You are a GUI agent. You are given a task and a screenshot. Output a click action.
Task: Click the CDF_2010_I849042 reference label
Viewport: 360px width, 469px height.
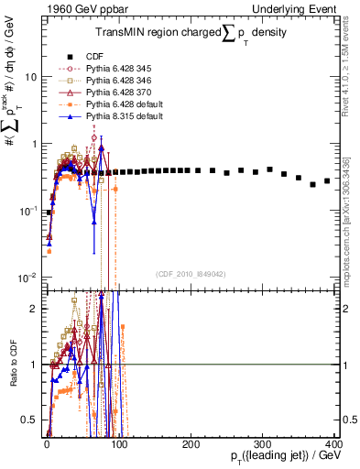(x=190, y=274)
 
